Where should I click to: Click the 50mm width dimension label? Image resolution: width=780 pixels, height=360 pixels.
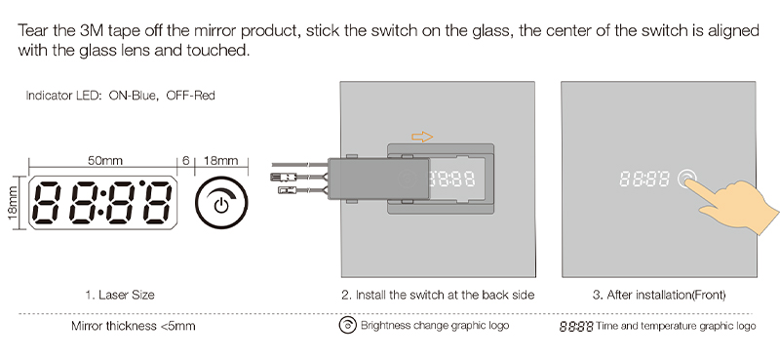tap(104, 160)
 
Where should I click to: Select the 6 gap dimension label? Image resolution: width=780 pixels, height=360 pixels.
tap(185, 160)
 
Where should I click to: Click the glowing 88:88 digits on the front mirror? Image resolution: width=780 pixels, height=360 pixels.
tap(643, 180)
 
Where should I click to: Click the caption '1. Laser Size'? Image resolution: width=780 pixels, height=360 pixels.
tap(119, 294)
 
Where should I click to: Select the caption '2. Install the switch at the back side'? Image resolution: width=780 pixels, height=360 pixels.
tap(438, 294)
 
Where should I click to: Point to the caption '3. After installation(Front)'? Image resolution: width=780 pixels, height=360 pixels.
tap(659, 294)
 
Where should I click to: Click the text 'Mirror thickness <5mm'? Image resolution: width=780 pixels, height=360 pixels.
tap(133, 326)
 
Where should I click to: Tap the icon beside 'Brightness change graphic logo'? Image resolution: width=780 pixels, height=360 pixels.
tap(346, 326)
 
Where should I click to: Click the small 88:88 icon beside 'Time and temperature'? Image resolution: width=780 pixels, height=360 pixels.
tap(575, 327)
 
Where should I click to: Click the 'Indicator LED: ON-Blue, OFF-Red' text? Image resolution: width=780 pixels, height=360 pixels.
tap(120, 96)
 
